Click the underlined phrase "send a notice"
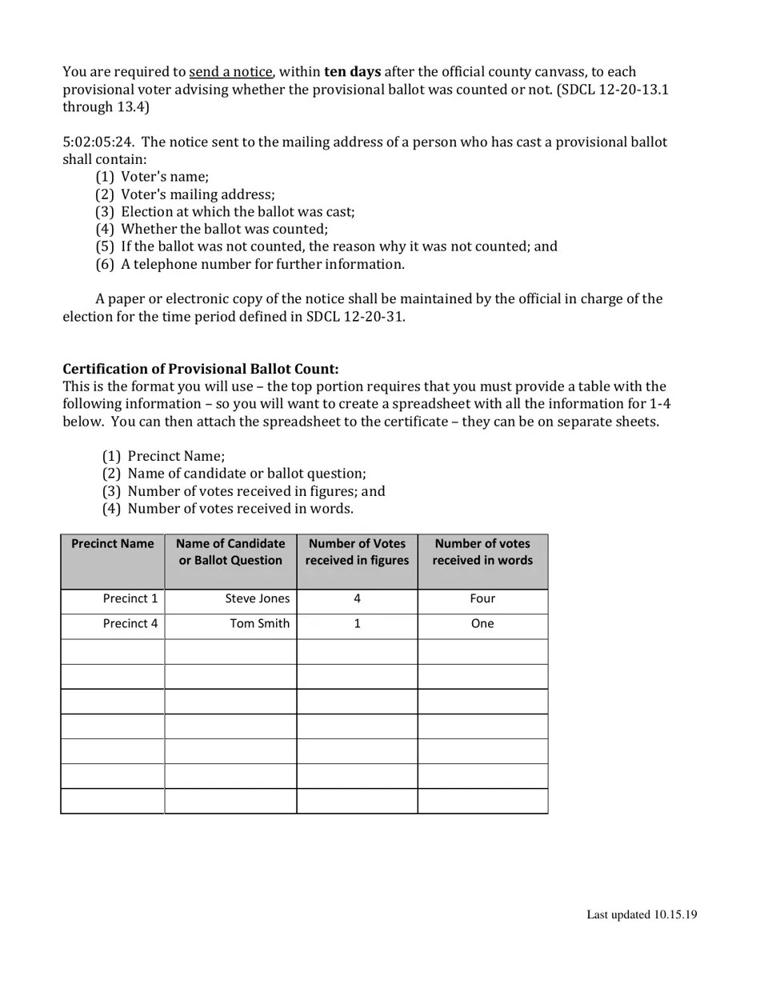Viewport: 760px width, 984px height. pos(230,72)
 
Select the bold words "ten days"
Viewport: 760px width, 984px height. pos(352,72)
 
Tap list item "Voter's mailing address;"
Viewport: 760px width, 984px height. pos(197,194)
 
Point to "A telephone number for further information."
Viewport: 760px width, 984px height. pos(262,264)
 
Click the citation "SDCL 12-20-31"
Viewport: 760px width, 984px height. pos(354,316)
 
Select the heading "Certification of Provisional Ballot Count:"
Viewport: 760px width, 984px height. pos(201,369)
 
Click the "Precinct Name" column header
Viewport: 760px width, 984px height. pos(113,544)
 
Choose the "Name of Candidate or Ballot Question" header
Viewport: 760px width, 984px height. pos(230,552)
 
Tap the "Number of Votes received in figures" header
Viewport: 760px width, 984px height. pos(357,552)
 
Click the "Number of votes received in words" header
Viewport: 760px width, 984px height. pos(482,552)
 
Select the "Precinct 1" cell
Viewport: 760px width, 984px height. pos(130,598)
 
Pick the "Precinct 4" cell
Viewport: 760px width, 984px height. pos(130,623)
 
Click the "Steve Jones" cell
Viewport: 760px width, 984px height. pos(257,598)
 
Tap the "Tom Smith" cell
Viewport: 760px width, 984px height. pos(259,623)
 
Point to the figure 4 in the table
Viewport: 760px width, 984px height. pos(357,598)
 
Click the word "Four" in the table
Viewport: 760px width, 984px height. pos(482,598)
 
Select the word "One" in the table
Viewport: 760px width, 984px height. pos(482,623)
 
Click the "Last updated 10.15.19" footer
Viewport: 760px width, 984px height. pos(642,914)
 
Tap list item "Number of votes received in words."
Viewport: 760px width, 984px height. pos(240,509)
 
